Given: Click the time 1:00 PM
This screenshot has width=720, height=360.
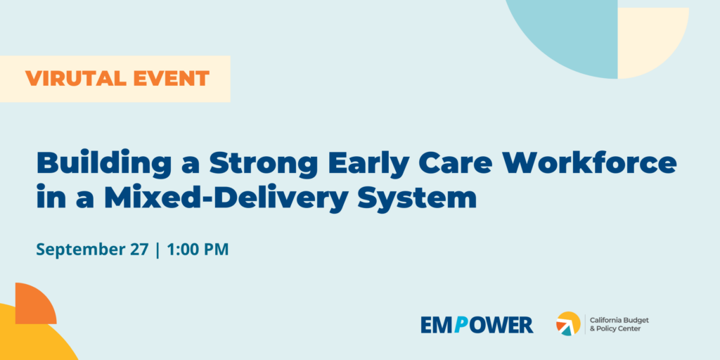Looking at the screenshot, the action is pyautogui.click(x=198, y=250).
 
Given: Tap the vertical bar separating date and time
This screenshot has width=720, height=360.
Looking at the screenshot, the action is pyautogui.click(x=158, y=250).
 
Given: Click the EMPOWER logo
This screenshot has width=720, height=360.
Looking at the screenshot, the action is pyautogui.click(x=477, y=325).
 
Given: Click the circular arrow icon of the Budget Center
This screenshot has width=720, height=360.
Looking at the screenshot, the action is pyautogui.click(x=568, y=323).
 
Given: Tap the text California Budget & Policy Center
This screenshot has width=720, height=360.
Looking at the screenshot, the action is pyautogui.click(x=619, y=324).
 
